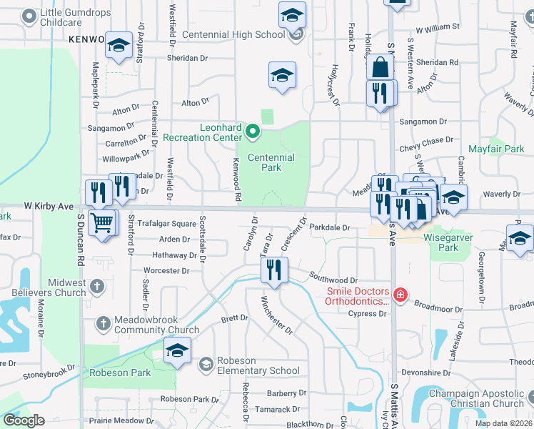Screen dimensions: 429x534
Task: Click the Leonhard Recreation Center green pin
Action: point(252,131)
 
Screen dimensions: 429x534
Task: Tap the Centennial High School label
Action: point(223,34)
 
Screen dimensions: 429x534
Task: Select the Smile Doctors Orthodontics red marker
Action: point(400,295)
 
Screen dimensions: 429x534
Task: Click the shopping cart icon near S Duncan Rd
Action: point(103,224)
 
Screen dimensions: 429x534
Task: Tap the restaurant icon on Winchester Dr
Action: point(273,270)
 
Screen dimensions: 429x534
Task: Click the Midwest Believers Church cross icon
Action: point(97,287)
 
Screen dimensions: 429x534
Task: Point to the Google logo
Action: point(24,420)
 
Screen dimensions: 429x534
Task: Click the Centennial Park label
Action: point(271,162)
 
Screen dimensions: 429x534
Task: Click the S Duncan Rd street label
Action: point(82,244)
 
